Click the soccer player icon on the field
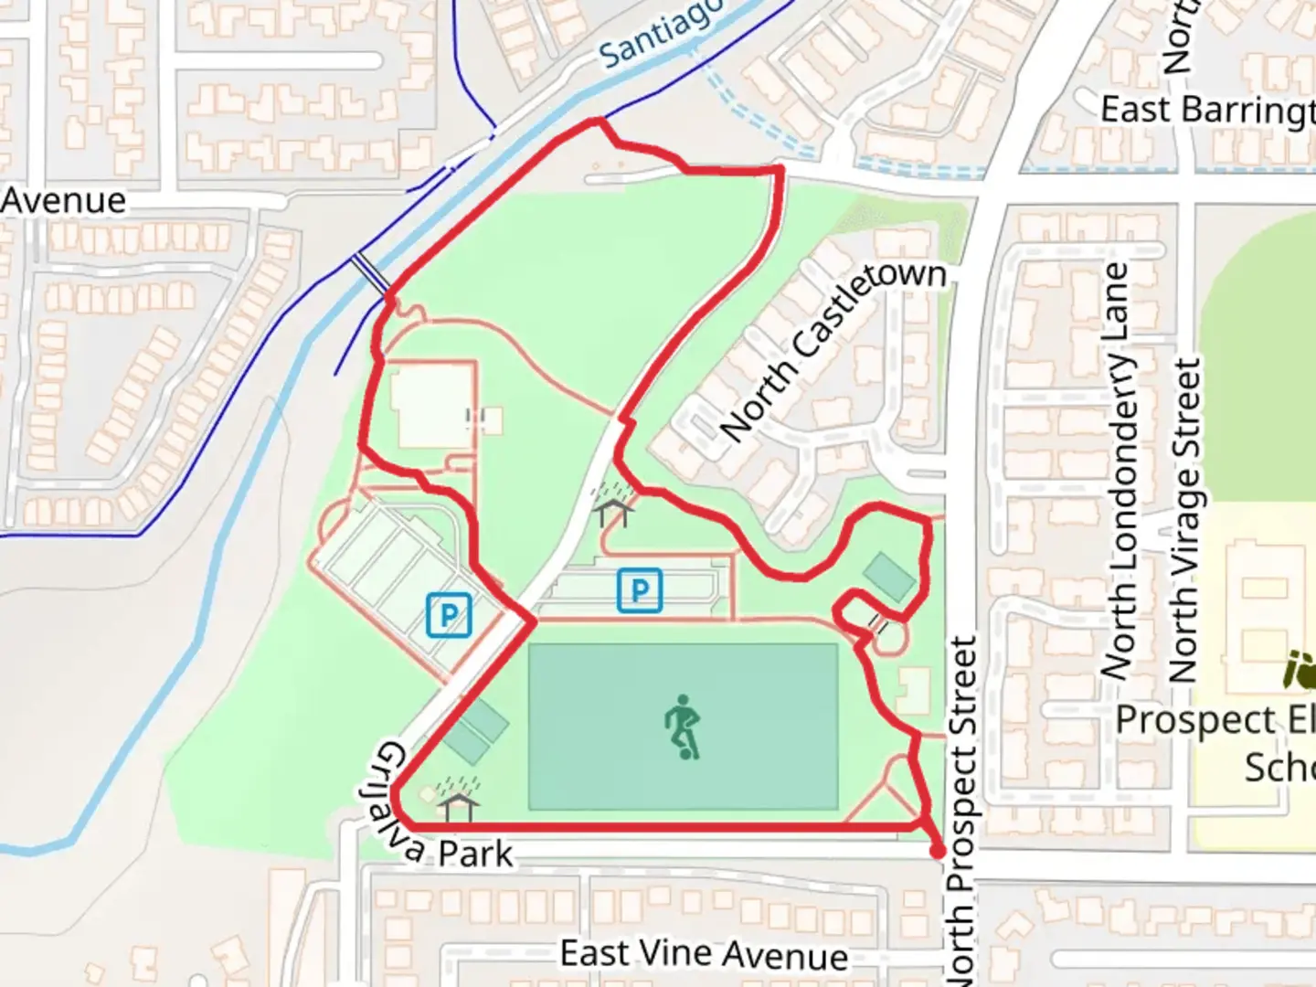coord(682,727)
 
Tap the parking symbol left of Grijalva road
coord(449,615)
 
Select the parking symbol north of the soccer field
coord(640,590)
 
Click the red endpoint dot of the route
coord(937,852)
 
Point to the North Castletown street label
coord(833,350)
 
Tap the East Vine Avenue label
coord(704,955)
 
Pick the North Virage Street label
coord(1184,521)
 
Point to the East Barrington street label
coord(1206,111)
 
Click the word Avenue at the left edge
coord(62,201)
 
